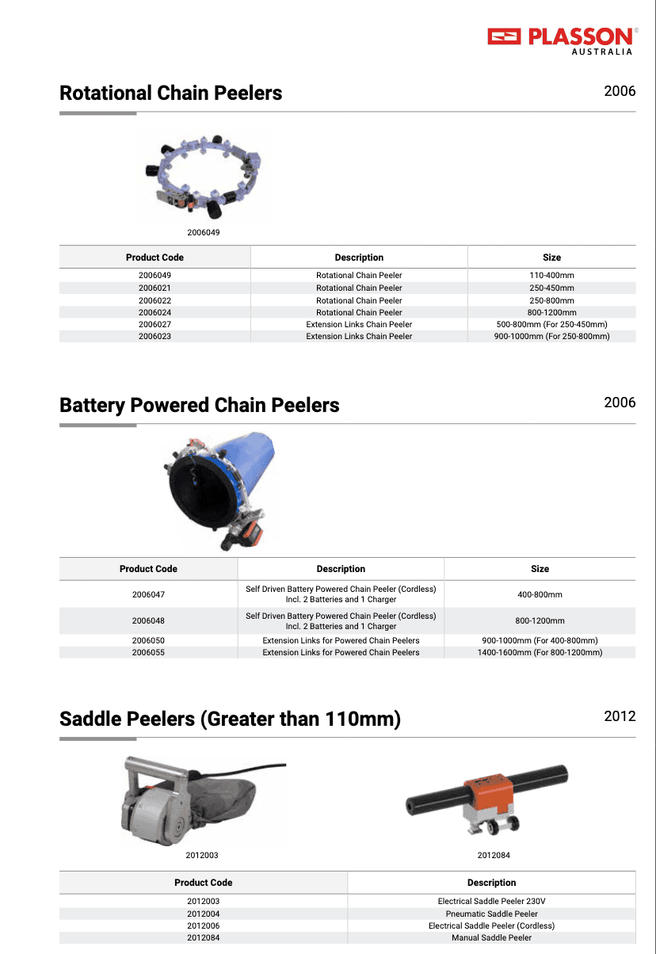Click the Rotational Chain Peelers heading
coord(170,93)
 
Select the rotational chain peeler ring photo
coord(204,176)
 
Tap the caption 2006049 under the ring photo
coord(204,233)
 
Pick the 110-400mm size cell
coord(551,276)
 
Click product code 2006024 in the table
coord(154,312)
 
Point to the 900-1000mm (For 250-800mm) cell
coord(551,336)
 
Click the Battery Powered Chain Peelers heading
coord(199,406)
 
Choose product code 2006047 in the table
coord(148,594)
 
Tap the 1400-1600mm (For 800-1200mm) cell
coord(540,652)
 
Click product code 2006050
coord(148,640)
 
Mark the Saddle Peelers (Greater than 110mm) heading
coord(230,719)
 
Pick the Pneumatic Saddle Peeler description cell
coord(491,914)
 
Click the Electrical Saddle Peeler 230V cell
coord(491,902)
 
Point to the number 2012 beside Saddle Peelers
coord(620,716)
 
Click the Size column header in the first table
coord(551,258)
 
